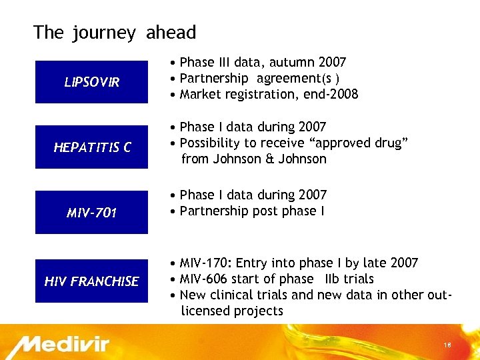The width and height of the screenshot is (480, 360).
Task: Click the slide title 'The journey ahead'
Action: point(115,32)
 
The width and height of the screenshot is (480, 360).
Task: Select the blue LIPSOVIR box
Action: point(91,82)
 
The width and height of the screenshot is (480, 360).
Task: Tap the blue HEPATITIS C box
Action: point(91,147)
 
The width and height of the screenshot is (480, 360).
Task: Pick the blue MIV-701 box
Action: point(91,213)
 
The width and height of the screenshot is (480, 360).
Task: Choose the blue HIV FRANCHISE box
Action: point(91,281)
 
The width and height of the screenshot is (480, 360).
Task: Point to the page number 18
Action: point(447,344)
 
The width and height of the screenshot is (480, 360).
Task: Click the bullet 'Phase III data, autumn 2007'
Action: point(263,62)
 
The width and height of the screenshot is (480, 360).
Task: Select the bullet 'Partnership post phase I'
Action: point(252,211)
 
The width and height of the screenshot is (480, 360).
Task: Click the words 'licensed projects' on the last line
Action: point(232,311)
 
